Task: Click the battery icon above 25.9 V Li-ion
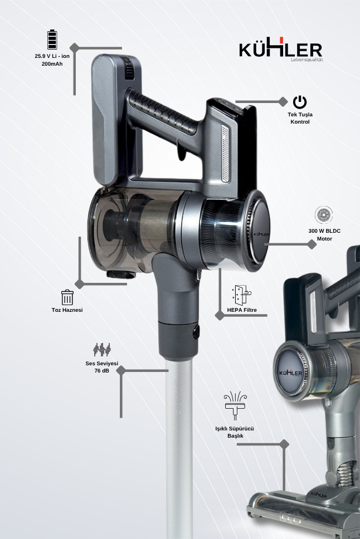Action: pos(52,40)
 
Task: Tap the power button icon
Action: pos(300,102)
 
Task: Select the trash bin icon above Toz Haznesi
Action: pos(67,297)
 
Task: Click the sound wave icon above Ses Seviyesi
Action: pos(102,350)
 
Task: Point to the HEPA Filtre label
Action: pos(242,310)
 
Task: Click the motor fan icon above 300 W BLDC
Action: pos(324,215)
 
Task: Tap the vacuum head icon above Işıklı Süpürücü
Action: pos(235,405)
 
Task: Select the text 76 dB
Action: pos(102,371)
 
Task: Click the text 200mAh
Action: pos(52,63)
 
